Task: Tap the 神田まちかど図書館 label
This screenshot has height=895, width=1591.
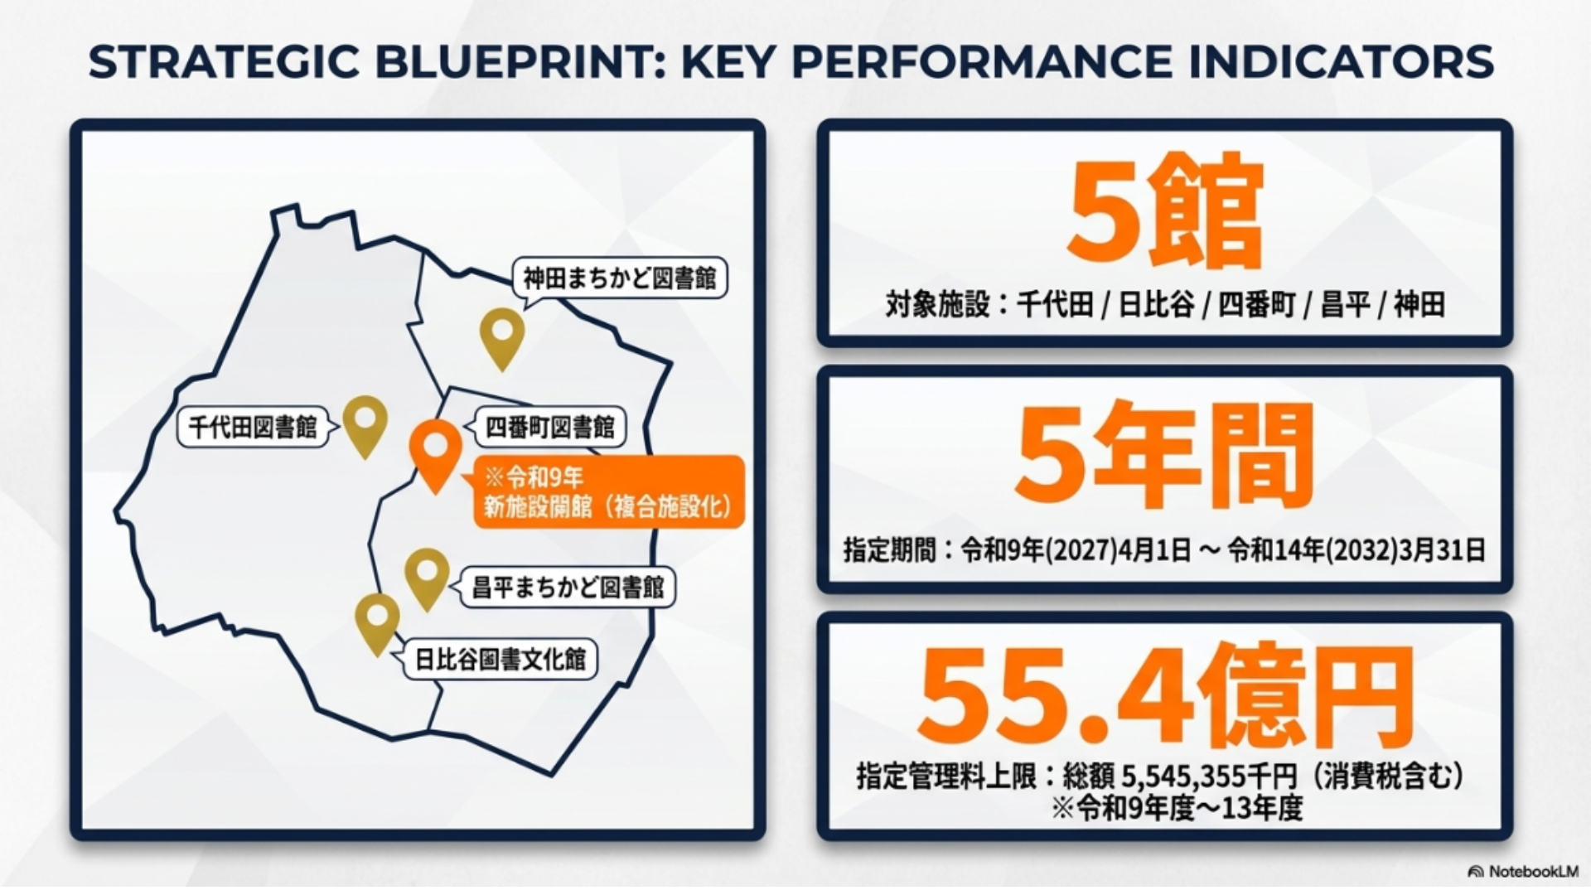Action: coord(620,278)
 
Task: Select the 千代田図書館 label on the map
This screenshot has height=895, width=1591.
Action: coord(253,428)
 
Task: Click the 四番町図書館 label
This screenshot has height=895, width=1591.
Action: coord(550,427)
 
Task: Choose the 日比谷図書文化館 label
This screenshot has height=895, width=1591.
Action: coord(500,660)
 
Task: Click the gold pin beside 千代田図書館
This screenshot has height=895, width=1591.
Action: coord(365,424)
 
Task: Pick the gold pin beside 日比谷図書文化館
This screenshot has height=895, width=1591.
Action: coord(377,622)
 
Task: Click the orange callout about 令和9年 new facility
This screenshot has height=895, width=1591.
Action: coord(609,491)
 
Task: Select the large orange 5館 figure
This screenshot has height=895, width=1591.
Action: coord(1164,212)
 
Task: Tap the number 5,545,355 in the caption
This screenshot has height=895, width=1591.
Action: coord(1185,776)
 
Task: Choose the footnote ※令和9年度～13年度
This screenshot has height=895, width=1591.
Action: coord(1177,808)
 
